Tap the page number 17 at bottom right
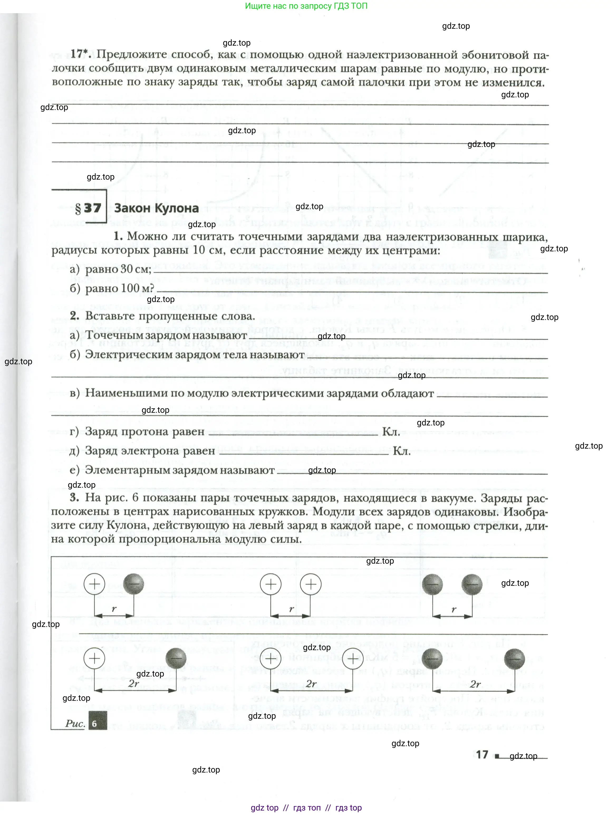[x=482, y=754]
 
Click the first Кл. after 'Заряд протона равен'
[x=391, y=432]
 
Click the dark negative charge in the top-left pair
[x=133, y=584]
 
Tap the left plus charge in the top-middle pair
[x=271, y=584]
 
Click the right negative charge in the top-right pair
[x=472, y=584]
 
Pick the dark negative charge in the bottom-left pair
[x=176, y=658]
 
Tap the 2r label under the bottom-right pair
[x=475, y=684]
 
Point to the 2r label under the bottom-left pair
[x=134, y=683]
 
